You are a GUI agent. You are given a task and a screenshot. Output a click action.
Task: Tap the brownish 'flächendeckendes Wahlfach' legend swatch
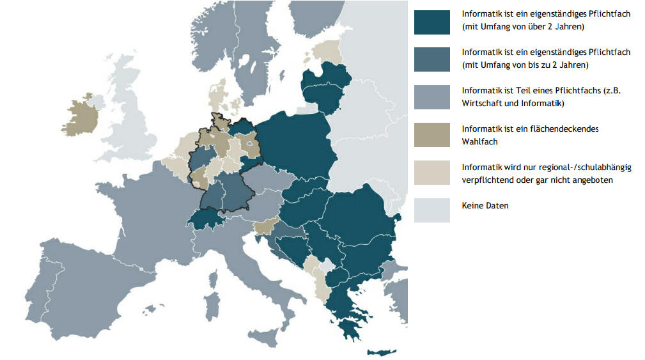tap(431, 135)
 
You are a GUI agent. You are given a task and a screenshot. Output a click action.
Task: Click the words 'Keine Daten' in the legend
tap(485, 206)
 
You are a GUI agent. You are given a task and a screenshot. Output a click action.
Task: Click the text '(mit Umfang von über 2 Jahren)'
tap(523, 27)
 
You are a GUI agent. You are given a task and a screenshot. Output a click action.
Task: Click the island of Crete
tap(382, 352)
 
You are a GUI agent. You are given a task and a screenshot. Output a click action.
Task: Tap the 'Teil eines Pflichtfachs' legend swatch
tap(431, 97)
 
